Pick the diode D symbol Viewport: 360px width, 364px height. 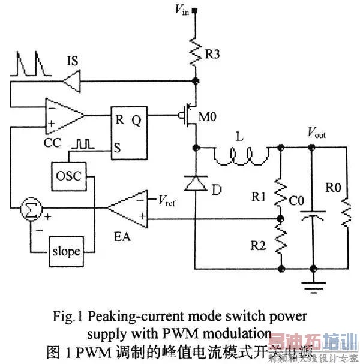(x=196, y=184)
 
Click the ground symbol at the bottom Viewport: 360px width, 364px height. (x=312, y=287)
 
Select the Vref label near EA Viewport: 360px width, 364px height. (x=170, y=199)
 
